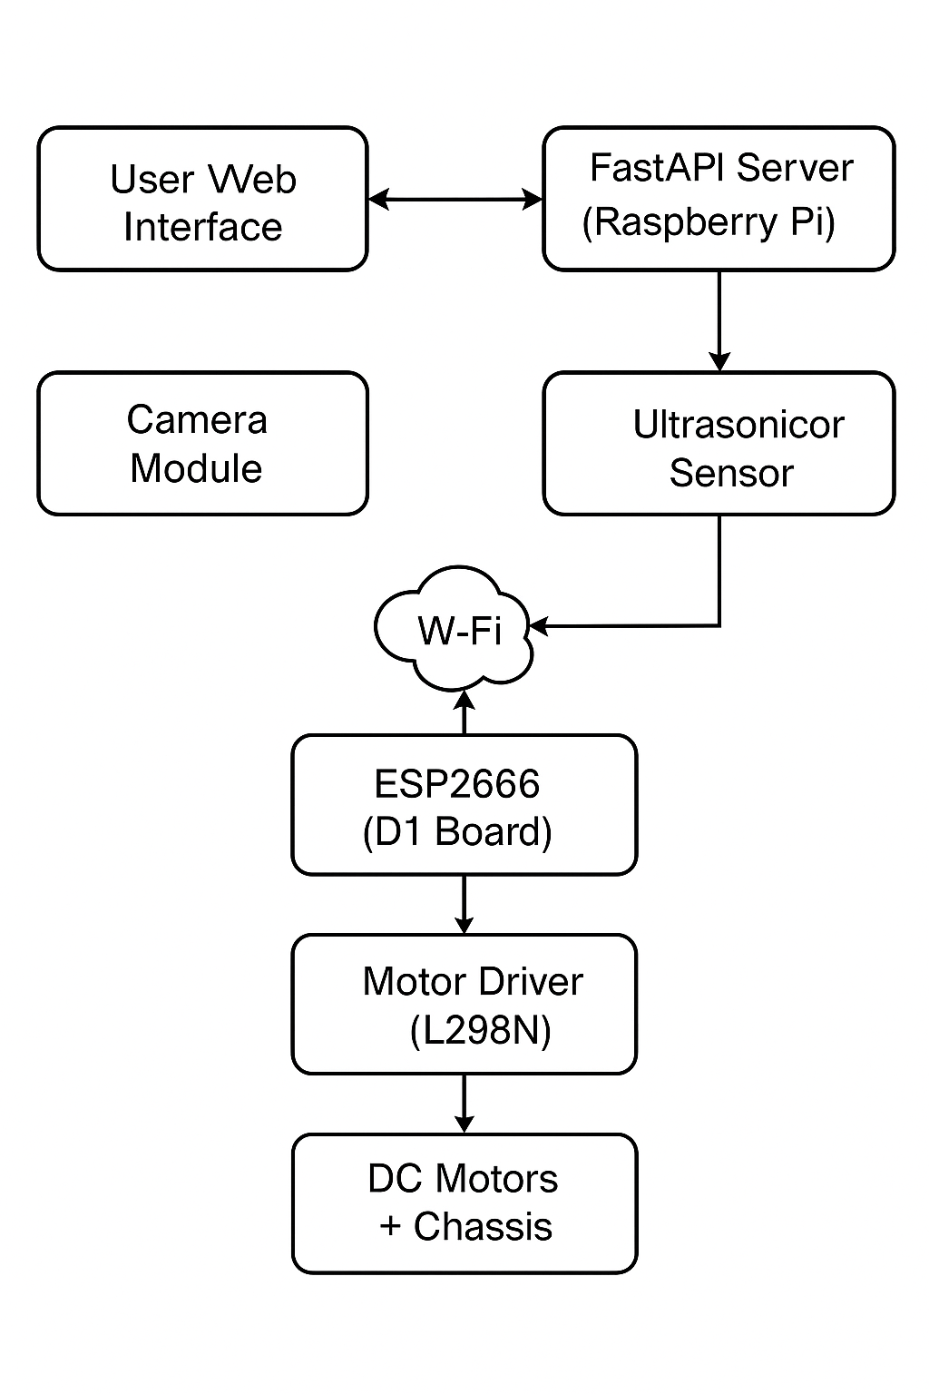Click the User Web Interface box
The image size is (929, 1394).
coord(202,200)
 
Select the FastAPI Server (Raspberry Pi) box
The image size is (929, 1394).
coord(719,200)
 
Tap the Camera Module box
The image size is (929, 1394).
coord(202,444)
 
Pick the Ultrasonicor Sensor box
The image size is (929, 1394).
coord(719,444)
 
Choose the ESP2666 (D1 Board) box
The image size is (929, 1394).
coord(464,806)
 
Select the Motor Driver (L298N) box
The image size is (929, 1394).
coord(464,1005)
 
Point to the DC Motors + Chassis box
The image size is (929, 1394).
coord(464,1203)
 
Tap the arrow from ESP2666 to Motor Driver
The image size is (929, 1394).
coord(464,904)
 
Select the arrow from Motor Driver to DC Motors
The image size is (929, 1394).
coord(464,1104)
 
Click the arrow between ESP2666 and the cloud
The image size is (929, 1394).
coord(464,712)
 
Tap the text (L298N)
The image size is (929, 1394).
coord(480,1031)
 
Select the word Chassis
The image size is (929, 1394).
coord(483,1227)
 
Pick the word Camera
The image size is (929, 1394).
coord(197,420)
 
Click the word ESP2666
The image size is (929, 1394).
coord(457,784)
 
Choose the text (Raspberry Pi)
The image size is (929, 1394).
coord(709,222)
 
